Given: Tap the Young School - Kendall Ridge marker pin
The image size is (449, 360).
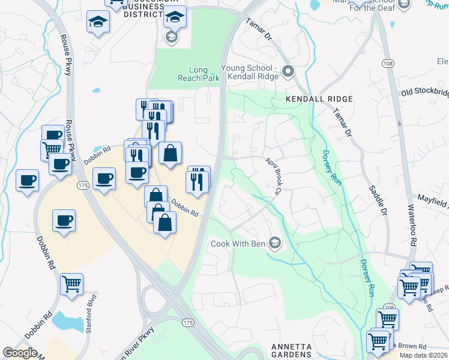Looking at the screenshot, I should [288, 72].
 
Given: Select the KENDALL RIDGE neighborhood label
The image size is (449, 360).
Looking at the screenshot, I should [319, 98].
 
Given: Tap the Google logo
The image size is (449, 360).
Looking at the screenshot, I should [20, 353].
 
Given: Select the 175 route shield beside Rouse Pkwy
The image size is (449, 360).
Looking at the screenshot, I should [83, 187].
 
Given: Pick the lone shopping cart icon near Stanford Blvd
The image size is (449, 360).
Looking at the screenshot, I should [71, 284].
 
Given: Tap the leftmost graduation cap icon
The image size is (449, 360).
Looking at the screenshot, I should [97, 23].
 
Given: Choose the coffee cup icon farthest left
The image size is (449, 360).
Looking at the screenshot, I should [27, 181].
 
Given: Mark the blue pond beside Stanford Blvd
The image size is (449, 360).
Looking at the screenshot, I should [67, 322].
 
